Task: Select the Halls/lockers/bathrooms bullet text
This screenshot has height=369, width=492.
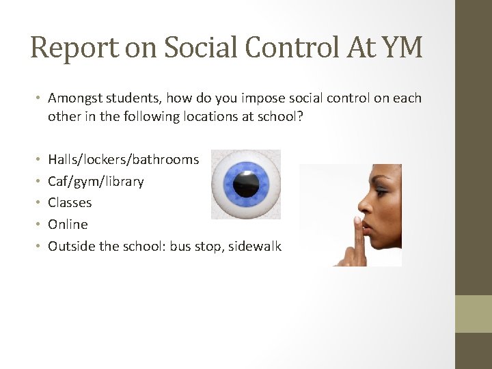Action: coord(124,160)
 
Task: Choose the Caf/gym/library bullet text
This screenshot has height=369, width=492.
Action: coord(96,182)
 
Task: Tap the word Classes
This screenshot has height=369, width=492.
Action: coord(70,203)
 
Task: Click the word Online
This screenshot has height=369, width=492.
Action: coord(68,224)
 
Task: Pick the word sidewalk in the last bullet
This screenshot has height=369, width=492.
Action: coord(256,246)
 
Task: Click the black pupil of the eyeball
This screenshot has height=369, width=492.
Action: coord(246,184)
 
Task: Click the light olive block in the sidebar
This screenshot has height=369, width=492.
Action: coord(474,314)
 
